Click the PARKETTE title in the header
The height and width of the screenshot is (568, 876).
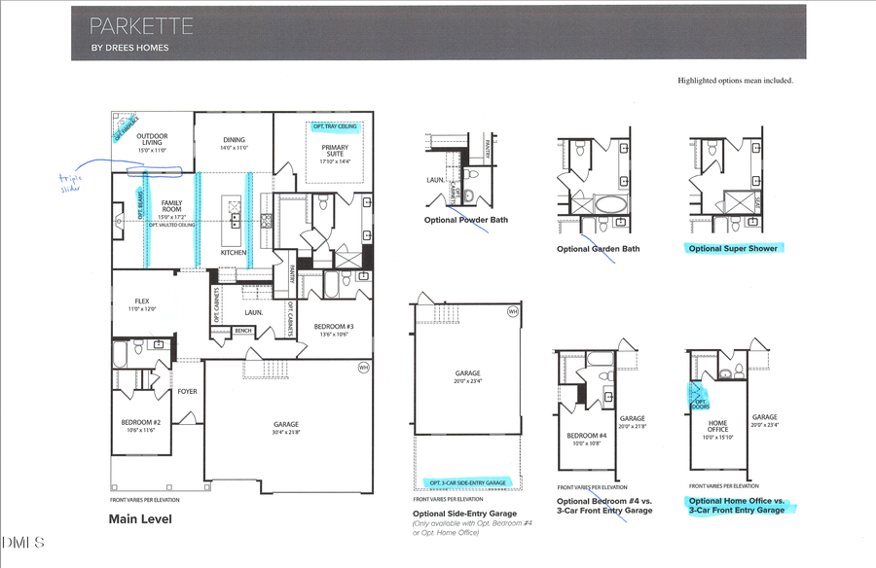click(141, 26)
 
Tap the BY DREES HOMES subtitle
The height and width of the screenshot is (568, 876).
click(129, 48)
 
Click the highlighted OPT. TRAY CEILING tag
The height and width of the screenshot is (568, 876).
click(335, 127)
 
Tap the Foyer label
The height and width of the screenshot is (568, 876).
click(187, 392)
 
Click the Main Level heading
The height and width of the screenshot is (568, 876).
click(142, 519)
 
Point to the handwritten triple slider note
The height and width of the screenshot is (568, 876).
click(71, 183)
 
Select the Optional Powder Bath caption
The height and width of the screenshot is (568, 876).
click(465, 220)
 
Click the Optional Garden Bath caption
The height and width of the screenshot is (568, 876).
click(598, 249)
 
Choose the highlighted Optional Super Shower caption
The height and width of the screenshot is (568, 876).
click(733, 249)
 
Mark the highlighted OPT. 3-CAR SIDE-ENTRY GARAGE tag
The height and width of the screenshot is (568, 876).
click(468, 482)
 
